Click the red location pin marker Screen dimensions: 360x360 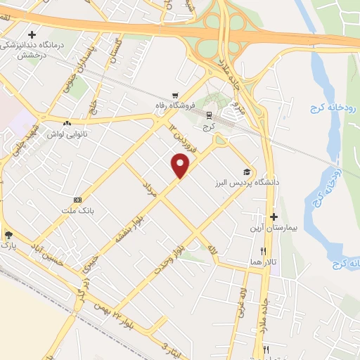181,165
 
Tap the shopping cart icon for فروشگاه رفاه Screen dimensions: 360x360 175,96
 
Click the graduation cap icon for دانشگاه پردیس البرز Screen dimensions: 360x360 247,171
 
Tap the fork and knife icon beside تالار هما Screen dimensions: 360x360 264,250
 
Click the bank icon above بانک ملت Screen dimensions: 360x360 77,199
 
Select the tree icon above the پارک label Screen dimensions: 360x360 8,236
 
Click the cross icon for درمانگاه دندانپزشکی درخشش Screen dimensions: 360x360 32,34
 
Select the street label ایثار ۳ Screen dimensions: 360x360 174,348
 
